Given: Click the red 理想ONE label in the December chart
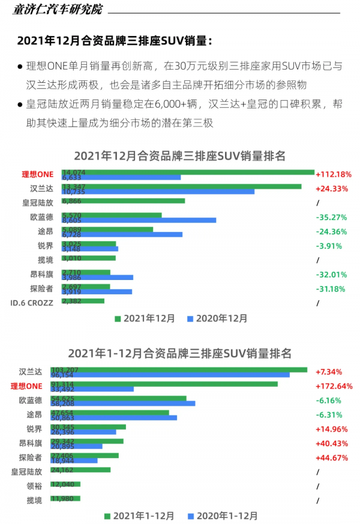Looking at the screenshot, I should pos(38,174).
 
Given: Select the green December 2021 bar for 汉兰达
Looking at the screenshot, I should pos(180,186).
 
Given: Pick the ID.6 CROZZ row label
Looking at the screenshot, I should pos(32,303).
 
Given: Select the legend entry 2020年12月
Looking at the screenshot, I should pos(217,319).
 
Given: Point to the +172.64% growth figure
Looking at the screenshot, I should pos(334,386).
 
